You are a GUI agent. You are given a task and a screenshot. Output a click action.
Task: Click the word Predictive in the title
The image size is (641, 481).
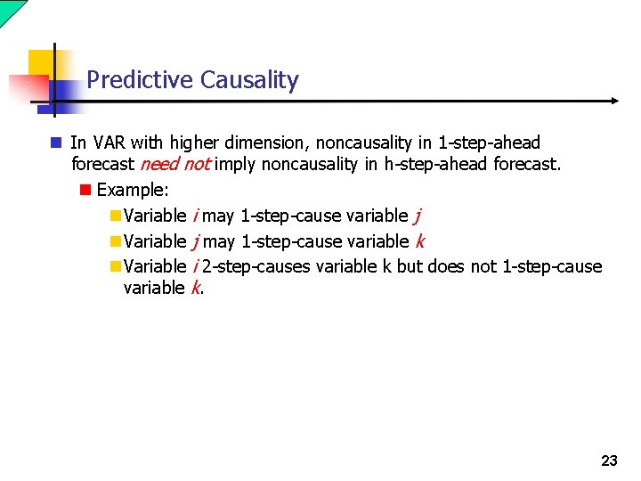pos(141,80)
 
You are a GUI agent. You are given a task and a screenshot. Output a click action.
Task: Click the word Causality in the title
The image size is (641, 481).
pos(249,80)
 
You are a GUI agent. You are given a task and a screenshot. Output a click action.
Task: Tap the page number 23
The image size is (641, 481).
pos(609,461)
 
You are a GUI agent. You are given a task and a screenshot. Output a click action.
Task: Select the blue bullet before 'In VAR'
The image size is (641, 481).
pos(56,143)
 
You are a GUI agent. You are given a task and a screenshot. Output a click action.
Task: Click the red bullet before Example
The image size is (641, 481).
pos(85,190)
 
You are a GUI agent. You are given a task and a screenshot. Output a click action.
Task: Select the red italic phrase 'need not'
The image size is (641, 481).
pos(175,164)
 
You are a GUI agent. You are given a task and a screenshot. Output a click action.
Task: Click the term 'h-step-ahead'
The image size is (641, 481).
pos(436,164)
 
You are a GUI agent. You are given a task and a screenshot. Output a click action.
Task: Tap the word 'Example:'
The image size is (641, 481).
pos(133,190)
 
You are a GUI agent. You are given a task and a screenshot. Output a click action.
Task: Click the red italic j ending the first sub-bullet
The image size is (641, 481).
pos(418,216)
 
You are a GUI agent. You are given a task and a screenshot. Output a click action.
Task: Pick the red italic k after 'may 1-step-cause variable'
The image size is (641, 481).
pos(419,241)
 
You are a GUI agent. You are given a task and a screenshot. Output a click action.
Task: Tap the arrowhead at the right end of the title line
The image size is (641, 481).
pos(613,101)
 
